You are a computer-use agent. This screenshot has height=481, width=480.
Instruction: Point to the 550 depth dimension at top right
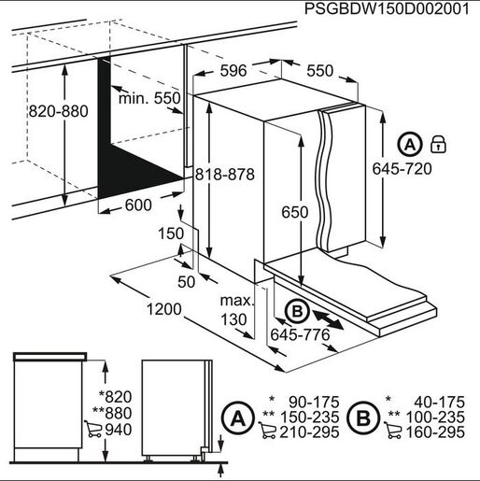pos(319,70)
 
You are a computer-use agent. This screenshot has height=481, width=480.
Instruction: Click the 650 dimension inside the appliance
pos(294,213)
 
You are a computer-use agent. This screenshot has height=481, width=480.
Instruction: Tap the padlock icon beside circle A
pos(437,144)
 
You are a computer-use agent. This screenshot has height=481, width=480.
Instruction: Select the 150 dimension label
pos(170,233)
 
